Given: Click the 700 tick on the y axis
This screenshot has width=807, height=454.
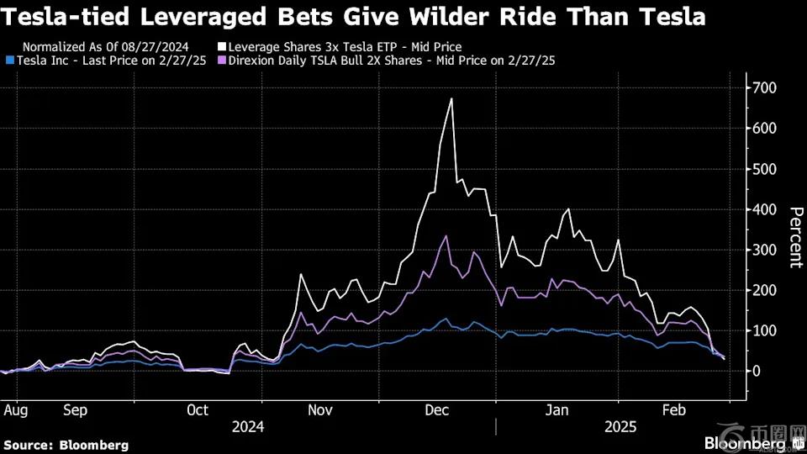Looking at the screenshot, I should pos(764,88).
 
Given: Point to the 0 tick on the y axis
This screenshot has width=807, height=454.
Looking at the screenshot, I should pos(758,371).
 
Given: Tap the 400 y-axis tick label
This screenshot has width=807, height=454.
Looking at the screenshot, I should pos(764,209).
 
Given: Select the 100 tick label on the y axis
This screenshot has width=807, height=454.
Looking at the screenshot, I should pos(764,330).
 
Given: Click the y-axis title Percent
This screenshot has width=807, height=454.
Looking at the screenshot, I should pos(794,237).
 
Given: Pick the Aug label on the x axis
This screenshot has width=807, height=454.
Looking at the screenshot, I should pos(17,411).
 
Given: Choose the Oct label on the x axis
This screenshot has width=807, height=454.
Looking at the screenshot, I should pos(198,411).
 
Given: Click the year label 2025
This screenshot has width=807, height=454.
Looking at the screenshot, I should pos(620,426).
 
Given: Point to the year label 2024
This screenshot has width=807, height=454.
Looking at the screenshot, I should pos(247,426).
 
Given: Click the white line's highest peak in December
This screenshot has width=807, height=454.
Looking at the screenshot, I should pos(451,99).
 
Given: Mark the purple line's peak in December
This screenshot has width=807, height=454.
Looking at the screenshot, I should pos(447,236).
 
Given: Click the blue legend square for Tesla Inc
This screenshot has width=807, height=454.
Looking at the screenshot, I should pos(9,61).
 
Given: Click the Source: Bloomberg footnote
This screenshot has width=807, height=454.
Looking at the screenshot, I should pos(66,445).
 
